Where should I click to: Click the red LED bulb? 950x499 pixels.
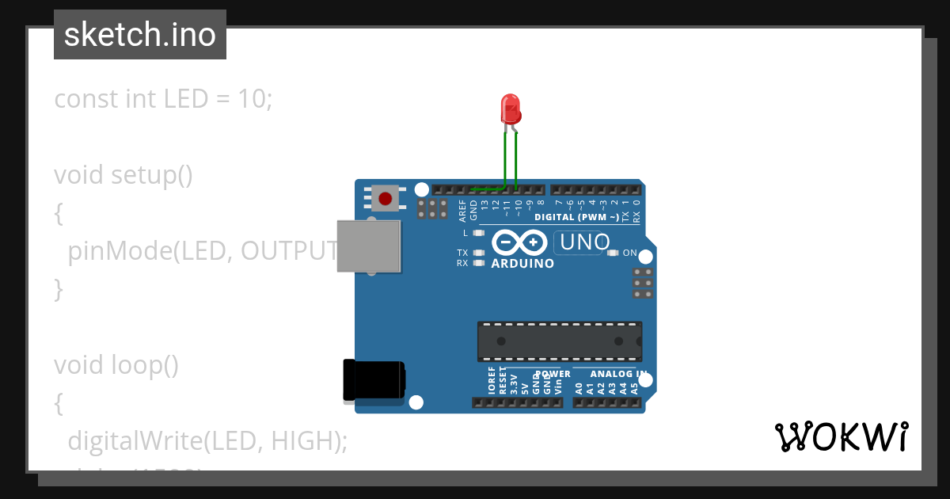click(x=511, y=108)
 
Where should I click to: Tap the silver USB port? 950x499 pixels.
click(x=368, y=246)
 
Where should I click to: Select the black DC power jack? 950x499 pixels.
click(x=374, y=380)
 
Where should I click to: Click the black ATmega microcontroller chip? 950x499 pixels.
click(x=559, y=341)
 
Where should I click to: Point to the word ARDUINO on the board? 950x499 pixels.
click(x=522, y=264)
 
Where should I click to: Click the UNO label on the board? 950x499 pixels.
click(x=583, y=242)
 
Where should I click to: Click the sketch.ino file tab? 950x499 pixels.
click(x=140, y=35)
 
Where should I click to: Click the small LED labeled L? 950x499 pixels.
click(x=478, y=234)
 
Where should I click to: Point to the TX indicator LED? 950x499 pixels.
click(x=478, y=253)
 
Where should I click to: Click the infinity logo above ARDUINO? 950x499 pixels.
click(x=520, y=242)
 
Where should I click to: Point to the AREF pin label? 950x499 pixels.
click(x=463, y=210)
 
